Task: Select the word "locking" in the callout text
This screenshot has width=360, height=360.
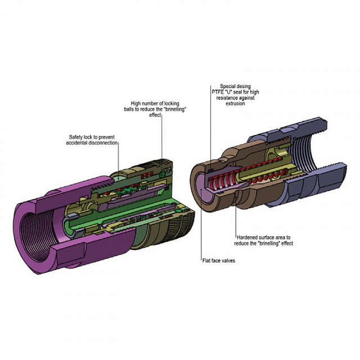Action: click(x=172, y=103)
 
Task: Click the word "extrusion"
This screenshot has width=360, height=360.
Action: click(x=235, y=103)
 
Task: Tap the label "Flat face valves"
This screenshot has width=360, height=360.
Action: click(x=219, y=260)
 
